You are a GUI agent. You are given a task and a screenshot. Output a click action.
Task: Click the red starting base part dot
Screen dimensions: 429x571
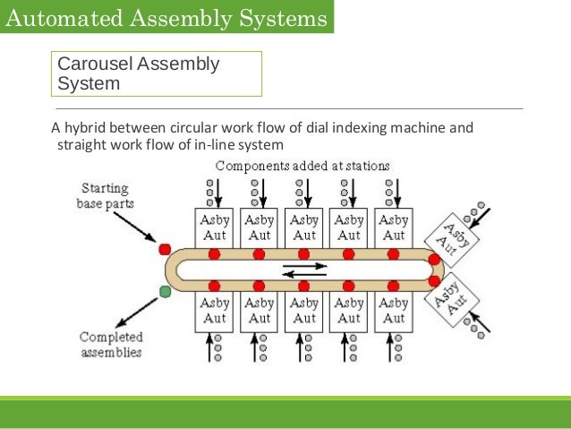click(165, 248)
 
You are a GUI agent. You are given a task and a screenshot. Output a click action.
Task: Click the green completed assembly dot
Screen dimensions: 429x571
click(165, 291)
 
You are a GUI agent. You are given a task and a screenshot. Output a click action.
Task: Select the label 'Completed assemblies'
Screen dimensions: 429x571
click(110, 344)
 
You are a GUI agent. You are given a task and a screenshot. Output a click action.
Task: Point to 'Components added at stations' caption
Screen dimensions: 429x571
click(303, 166)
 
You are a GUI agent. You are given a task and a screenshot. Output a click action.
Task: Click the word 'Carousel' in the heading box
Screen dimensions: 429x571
click(95, 64)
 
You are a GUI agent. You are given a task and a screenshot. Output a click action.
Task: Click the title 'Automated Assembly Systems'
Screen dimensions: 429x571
click(165, 16)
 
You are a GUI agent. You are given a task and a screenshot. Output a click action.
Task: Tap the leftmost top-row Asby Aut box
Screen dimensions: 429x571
click(215, 227)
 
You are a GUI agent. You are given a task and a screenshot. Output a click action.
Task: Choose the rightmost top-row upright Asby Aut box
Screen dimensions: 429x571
click(394, 227)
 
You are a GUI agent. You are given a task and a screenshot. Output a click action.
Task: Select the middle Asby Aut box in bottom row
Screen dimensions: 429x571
click(304, 311)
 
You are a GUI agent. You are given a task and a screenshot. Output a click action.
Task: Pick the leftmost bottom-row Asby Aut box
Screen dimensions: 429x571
click(215, 311)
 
